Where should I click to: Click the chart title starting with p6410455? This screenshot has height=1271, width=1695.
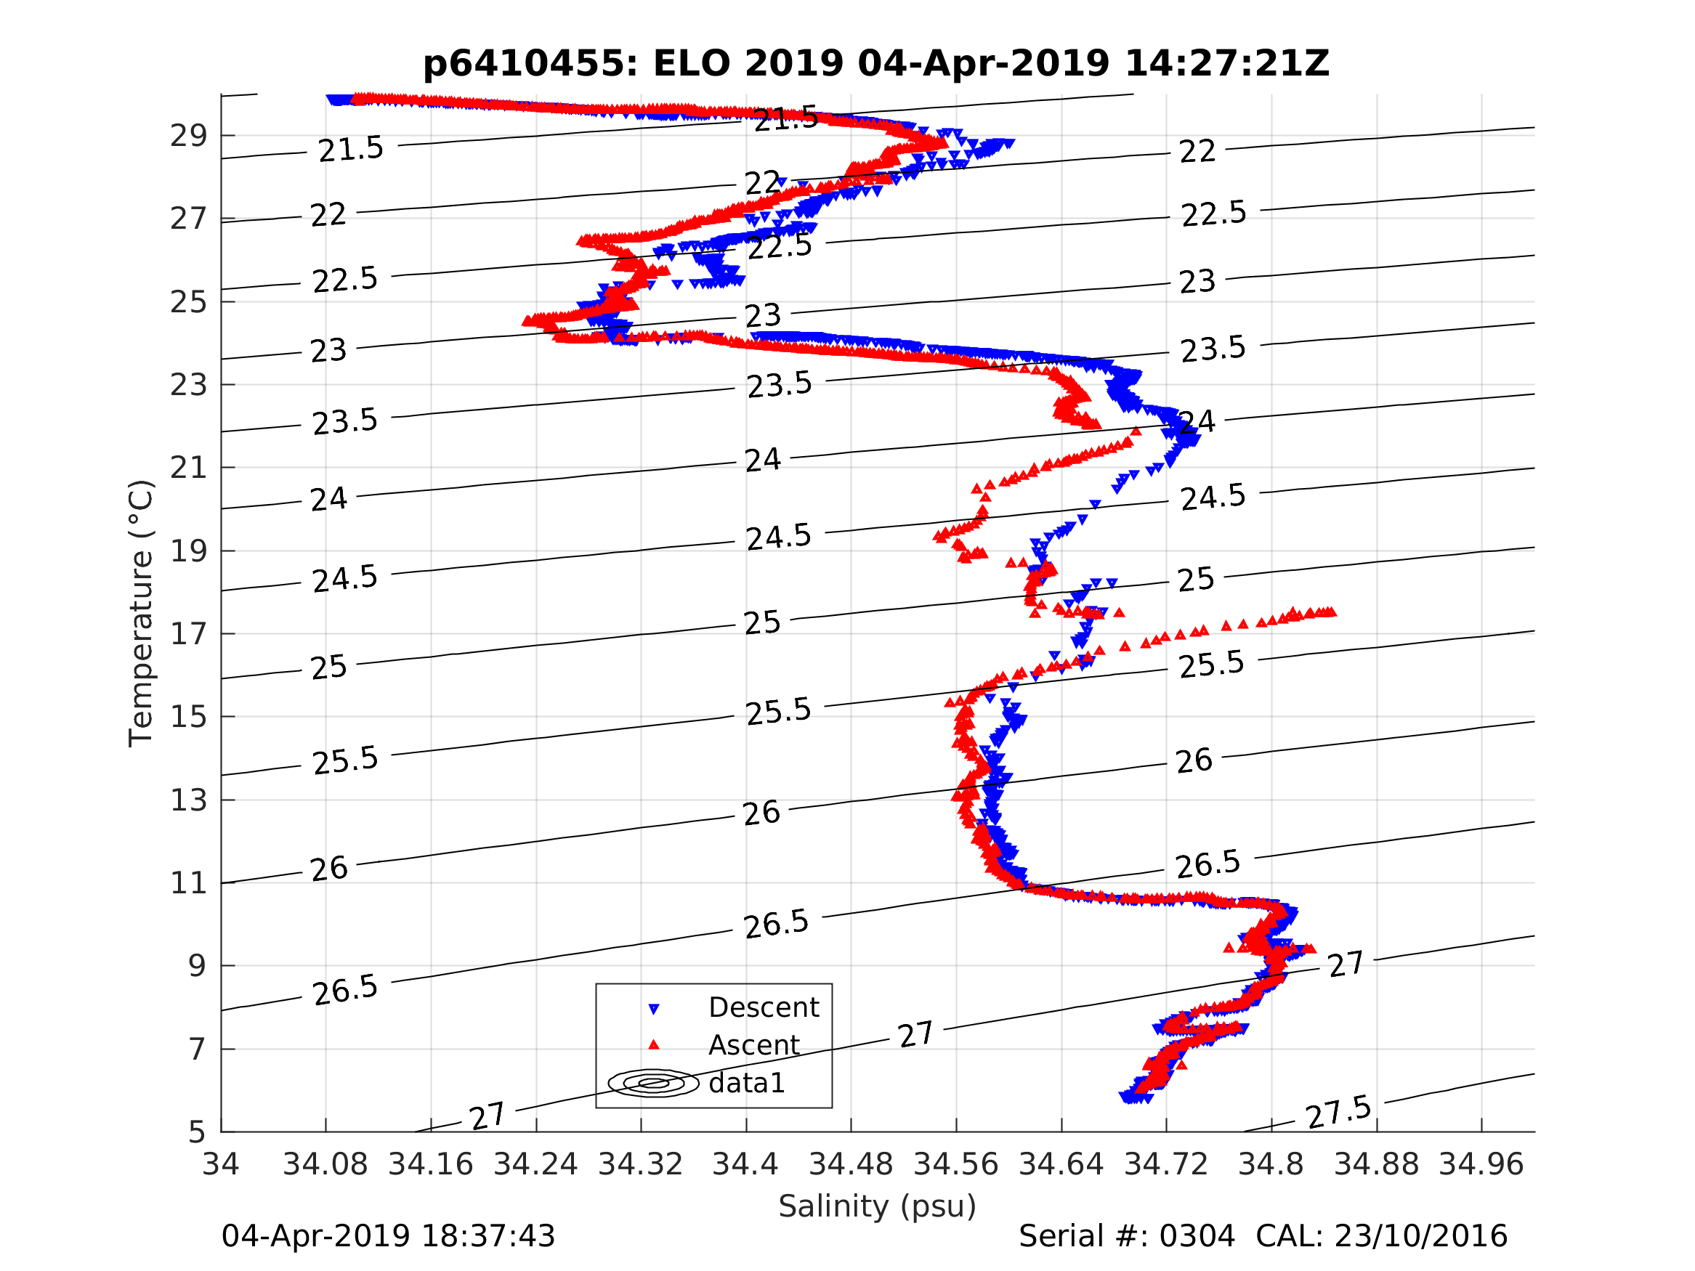coord(876,64)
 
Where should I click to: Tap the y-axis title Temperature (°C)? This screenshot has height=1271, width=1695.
coord(142,613)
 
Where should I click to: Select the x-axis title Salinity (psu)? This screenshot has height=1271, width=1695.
coord(878,1206)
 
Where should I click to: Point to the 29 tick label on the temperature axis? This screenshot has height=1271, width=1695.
coord(188,137)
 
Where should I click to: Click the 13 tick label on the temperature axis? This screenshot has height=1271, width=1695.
coord(188,800)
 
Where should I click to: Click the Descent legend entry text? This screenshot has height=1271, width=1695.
coord(764,1007)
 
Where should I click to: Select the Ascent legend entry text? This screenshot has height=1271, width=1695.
coord(754,1046)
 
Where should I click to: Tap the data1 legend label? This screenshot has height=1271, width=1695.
coord(747,1084)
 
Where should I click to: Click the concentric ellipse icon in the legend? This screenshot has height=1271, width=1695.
coord(654,1084)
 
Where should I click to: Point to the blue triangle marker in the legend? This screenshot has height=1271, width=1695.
coord(654,1010)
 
